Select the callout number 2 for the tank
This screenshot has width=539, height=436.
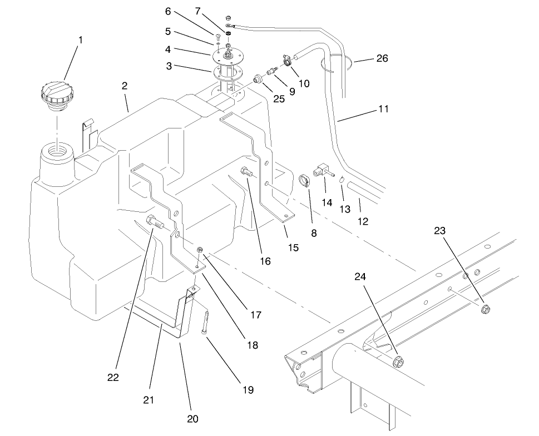pos(125,86)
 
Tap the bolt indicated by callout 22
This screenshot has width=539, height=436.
pos(155,222)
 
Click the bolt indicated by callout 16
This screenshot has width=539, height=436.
pos(246,173)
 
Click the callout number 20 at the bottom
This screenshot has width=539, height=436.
pos(192,419)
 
